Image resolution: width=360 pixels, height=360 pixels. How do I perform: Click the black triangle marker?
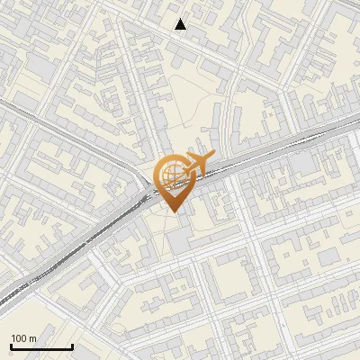(181, 24)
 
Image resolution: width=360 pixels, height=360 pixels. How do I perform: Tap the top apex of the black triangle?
(181, 18)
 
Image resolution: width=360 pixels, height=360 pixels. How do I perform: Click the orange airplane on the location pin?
(195, 166)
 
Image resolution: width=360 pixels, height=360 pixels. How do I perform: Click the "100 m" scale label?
(23, 338)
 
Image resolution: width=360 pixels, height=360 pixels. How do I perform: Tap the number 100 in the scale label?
(19, 338)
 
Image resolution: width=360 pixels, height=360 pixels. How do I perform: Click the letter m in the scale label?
(32, 338)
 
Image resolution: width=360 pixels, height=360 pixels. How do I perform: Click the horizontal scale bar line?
(41, 347)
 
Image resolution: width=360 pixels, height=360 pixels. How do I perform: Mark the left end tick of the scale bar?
(11, 345)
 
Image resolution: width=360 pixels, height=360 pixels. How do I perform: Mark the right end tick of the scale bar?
(72, 345)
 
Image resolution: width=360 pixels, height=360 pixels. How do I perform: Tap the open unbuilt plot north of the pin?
(193, 103)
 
